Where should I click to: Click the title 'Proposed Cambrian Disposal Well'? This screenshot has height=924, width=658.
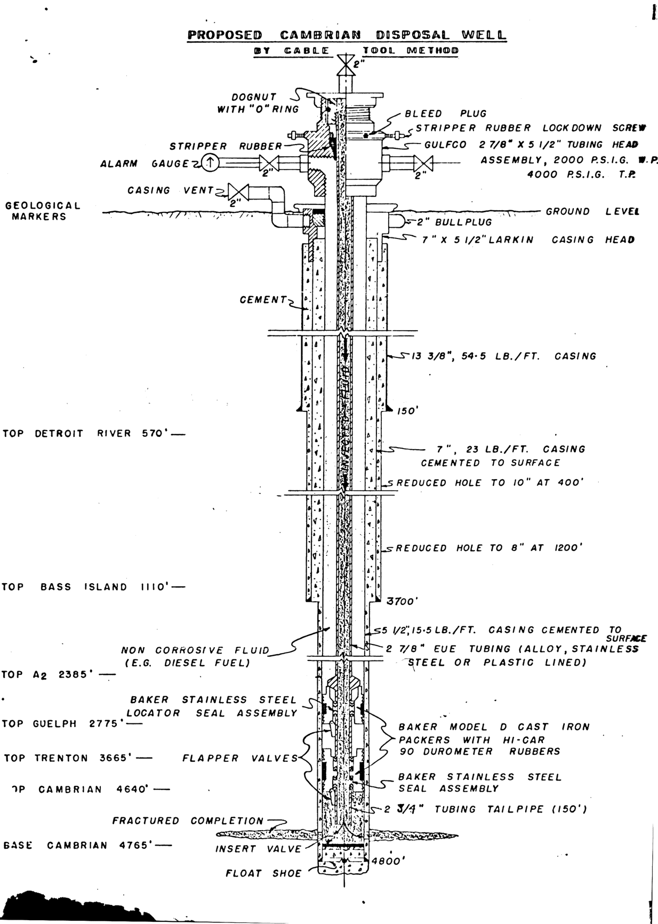pyautogui.click(x=347, y=35)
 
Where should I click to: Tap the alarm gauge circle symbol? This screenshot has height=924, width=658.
pyautogui.click(x=211, y=162)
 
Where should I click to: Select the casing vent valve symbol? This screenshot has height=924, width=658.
pyautogui.click(x=235, y=191)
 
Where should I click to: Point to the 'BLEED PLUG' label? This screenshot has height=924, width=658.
pyautogui.click(x=446, y=114)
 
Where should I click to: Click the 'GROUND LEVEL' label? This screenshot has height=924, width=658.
pyautogui.click(x=592, y=211)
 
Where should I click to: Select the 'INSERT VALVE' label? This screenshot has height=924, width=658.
pyautogui.click(x=259, y=849)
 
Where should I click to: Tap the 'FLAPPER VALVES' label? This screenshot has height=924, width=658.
pyautogui.click(x=240, y=758)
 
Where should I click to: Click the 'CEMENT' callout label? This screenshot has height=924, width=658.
pyautogui.click(x=263, y=300)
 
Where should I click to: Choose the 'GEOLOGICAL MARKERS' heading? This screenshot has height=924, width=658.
pyautogui.click(x=43, y=211)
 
